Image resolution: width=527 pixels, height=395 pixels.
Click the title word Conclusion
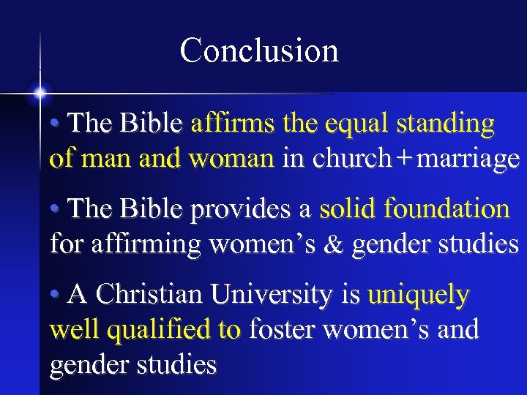pos(259,51)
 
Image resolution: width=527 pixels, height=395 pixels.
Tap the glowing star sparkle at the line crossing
pos(40,94)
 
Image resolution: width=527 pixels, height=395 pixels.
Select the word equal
pos(351,125)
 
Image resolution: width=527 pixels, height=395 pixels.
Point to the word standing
pos(446,125)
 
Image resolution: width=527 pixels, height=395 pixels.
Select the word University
pos(275,296)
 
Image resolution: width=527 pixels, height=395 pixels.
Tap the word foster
pos(282,330)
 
